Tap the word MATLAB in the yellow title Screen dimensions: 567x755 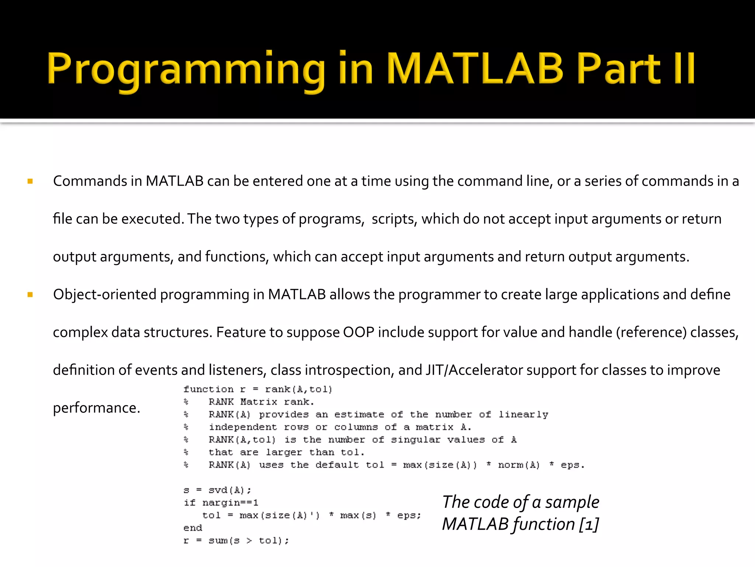(x=476, y=69)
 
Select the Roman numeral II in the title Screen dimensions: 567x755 (x=684, y=69)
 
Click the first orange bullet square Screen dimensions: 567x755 (x=30, y=181)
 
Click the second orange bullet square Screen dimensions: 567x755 (x=30, y=295)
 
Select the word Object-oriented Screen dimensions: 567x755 (x=105, y=295)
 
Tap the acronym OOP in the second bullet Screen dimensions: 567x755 (x=358, y=332)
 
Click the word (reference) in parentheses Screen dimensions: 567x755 (x=651, y=332)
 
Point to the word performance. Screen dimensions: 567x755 (x=96, y=408)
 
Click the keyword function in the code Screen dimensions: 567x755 (x=208, y=389)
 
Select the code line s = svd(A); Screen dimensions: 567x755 (x=217, y=490)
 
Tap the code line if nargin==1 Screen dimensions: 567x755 (x=221, y=503)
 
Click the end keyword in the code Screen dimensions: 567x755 (x=193, y=528)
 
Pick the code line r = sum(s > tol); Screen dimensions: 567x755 (x=236, y=541)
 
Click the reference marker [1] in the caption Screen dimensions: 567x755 (x=589, y=524)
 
